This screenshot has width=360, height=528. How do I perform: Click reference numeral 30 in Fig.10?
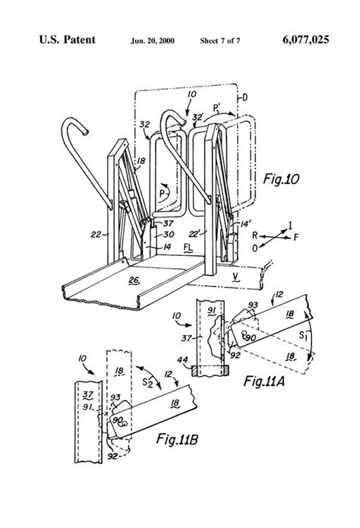coord(162,236)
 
